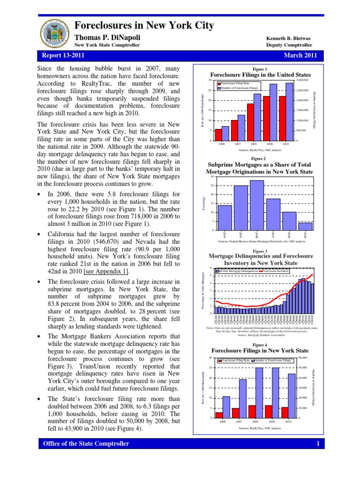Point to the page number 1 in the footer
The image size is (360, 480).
(317, 443)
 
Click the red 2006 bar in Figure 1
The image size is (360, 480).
(218, 135)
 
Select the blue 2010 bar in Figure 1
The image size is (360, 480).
(289, 112)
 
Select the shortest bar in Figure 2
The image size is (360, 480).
(305, 226)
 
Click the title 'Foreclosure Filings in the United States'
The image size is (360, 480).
(260, 75)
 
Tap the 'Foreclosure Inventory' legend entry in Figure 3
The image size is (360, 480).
(276, 271)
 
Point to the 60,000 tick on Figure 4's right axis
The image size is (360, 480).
(302, 358)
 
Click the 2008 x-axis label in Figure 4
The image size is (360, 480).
(255, 421)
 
